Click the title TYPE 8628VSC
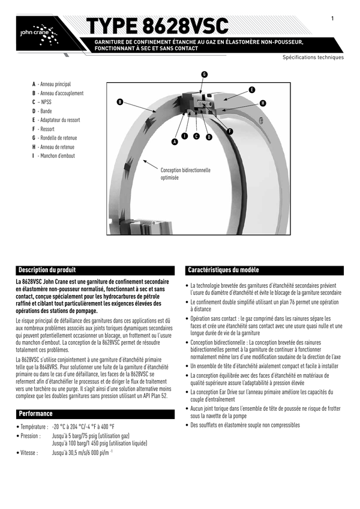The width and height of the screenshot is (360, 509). (x=158, y=26)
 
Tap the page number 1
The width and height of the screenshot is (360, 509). (x=332, y=19)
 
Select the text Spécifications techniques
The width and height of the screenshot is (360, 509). (x=313, y=58)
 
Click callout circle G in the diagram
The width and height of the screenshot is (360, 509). (x=204, y=74)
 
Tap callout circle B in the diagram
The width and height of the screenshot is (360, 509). (x=119, y=103)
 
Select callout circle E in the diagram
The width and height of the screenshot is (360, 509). (x=251, y=90)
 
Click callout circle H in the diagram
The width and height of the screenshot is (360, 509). (x=263, y=104)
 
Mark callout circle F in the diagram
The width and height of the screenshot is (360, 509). (x=230, y=131)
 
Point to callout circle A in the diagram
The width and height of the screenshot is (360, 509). (x=175, y=142)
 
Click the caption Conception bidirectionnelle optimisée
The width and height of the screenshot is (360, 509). (x=185, y=174)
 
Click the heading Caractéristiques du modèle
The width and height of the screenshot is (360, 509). (x=223, y=270)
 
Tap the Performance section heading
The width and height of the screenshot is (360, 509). (x=35, y=414)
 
